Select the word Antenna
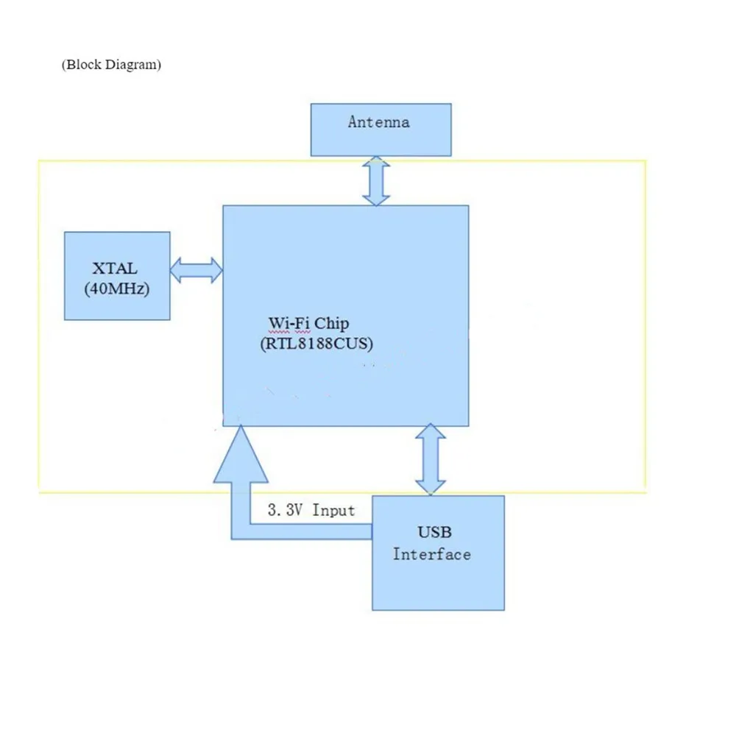tap(378, 121)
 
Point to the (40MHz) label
tap(117, 289)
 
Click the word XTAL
tap(115, 269)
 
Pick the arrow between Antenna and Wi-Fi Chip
tap(376, 180)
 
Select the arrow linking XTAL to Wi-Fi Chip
tap(197, 269)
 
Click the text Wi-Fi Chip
tap(308, 323)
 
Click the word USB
tap(434, 532)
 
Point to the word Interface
tap(431, 554)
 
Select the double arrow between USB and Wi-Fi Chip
tap(431, 459)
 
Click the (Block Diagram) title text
tap(111, 65)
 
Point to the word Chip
tap(332, 323)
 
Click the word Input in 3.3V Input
tap(333, 510)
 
